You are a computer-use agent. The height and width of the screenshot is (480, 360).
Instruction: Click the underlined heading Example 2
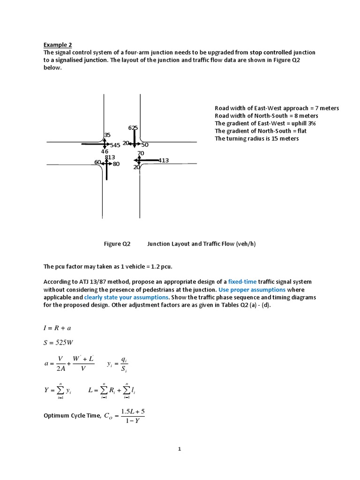[58, 45]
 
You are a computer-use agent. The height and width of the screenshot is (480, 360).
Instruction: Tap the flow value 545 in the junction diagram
[115, 145]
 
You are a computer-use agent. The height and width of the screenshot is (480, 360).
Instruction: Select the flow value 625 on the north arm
[133, 128]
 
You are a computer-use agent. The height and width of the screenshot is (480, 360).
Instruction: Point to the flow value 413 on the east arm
[164, 160]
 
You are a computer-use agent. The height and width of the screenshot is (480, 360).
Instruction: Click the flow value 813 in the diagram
[110, 157]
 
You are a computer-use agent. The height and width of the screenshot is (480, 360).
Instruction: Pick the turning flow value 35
[107, 135]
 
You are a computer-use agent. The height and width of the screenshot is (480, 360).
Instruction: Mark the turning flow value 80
[116, 164]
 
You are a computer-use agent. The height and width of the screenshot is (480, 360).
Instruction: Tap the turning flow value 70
[141, 153]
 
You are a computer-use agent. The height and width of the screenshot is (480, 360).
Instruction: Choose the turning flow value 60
[97, 162]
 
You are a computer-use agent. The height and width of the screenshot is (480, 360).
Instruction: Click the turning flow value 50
[145, 145]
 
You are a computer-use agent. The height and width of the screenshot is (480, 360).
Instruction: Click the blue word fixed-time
[242, 282]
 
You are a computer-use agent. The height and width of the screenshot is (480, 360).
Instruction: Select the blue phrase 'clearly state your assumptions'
[126, 297]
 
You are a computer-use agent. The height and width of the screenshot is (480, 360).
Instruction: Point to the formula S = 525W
[59, 342]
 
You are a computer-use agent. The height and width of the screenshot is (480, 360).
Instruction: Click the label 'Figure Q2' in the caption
[117, 244]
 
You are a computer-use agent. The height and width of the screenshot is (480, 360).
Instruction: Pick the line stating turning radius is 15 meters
[256, 138]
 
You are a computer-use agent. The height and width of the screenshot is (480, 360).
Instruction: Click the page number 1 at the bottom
[180, 449]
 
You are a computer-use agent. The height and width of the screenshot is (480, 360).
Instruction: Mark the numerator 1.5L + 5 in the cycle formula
[133, 411]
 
